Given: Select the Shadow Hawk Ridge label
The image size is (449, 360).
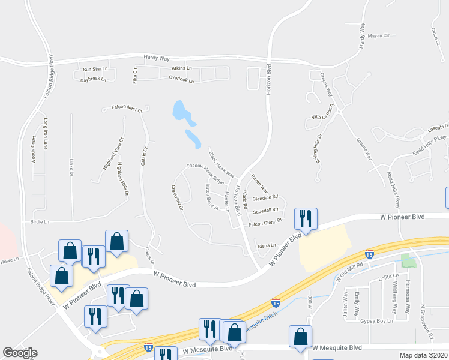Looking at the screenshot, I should pos(205,173).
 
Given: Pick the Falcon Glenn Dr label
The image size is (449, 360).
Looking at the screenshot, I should pos(265,222).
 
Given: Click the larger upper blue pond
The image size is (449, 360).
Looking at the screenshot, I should pos(179,110).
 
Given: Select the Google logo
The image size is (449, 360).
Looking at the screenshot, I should pos(20,353).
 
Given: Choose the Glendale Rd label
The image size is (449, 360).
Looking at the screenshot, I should pos(265,197).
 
